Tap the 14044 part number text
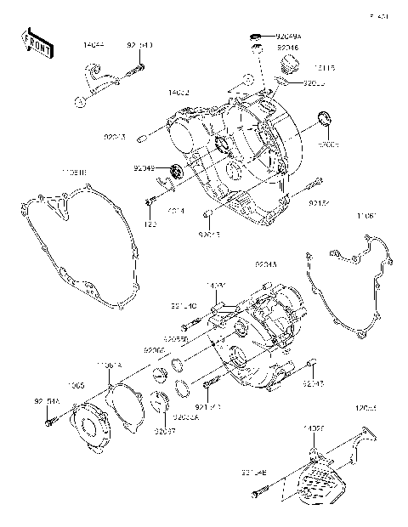click(x=93, y=43)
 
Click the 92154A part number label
click(x=47, y=399)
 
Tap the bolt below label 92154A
click(x=53, y=419)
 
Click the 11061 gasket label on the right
click(x=365, y=218)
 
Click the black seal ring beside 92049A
click(x=252, y=37)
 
